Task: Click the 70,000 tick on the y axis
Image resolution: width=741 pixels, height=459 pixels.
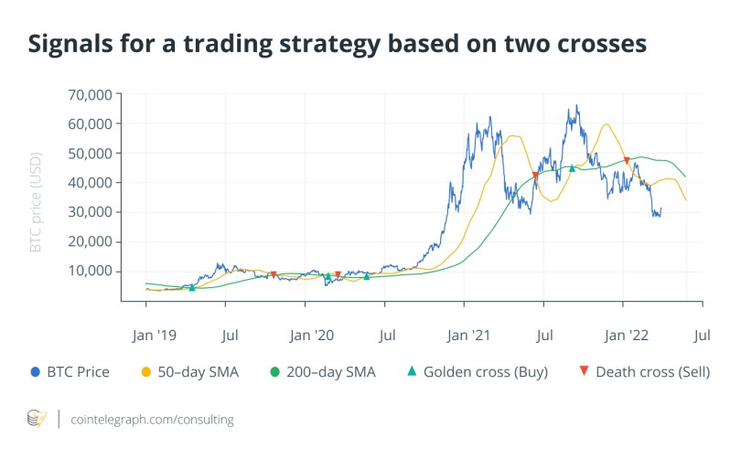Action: [x=89, y=94]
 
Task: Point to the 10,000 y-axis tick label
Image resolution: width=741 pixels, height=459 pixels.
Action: [x=89, y=271]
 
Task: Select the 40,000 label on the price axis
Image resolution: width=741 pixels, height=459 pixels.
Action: [x=89, y=183]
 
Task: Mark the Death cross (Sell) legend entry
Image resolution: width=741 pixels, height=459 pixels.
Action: [x=645, y=372]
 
